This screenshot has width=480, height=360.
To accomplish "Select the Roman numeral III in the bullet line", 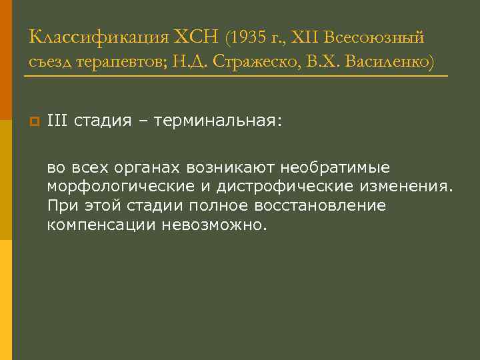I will (x=57, y=121).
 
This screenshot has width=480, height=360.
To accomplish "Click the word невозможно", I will (x=213, y=225).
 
